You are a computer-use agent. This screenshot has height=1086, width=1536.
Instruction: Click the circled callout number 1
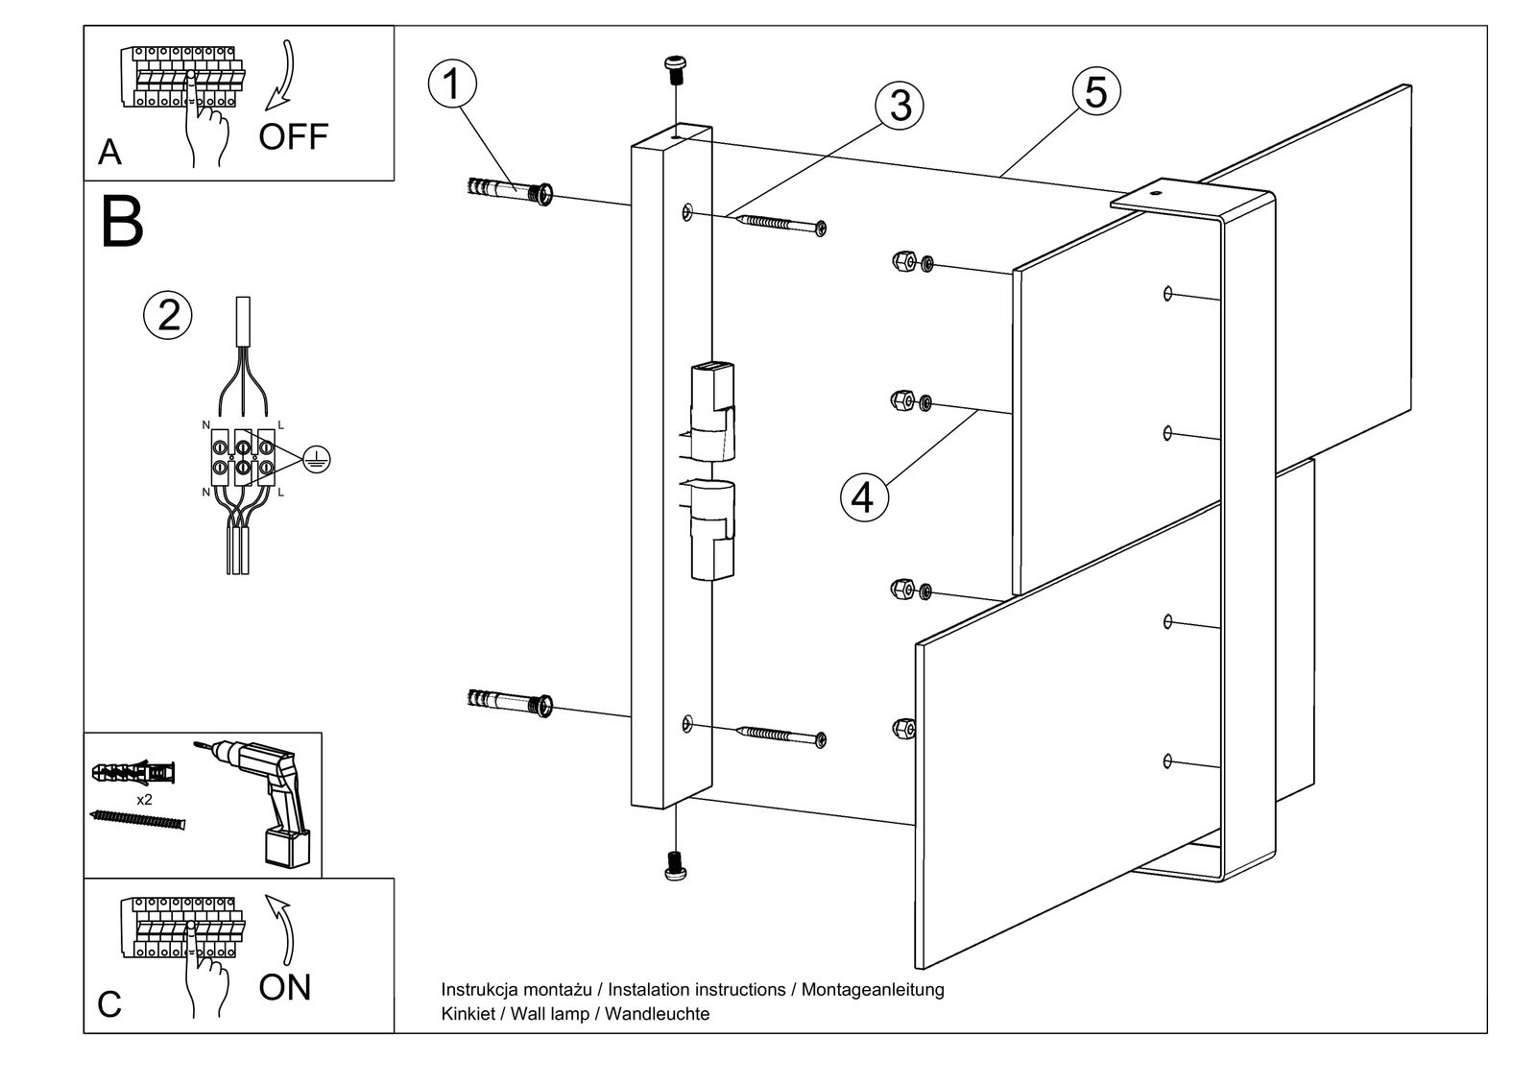coord(452,84)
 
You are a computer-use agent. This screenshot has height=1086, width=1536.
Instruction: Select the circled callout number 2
coord(168,315)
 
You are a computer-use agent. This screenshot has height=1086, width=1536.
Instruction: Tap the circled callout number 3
coord(900,105)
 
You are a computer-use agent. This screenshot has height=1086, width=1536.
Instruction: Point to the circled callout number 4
coord(864,497)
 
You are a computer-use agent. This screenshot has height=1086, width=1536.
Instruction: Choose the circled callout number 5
coord(1096,92)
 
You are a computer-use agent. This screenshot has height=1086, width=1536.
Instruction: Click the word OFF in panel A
coord(293,137)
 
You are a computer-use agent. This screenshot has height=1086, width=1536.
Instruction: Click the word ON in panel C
coord(285,987)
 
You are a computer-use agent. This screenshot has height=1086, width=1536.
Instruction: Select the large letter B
coord(122,223)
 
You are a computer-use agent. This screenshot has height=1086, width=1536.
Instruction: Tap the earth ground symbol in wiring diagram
coord(316,460)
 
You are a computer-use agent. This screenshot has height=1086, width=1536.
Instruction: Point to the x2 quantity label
coord(145,799)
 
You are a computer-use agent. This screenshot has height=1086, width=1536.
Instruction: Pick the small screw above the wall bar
coord(676,67)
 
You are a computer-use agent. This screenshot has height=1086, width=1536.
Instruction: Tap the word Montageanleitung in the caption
coord(873,989)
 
